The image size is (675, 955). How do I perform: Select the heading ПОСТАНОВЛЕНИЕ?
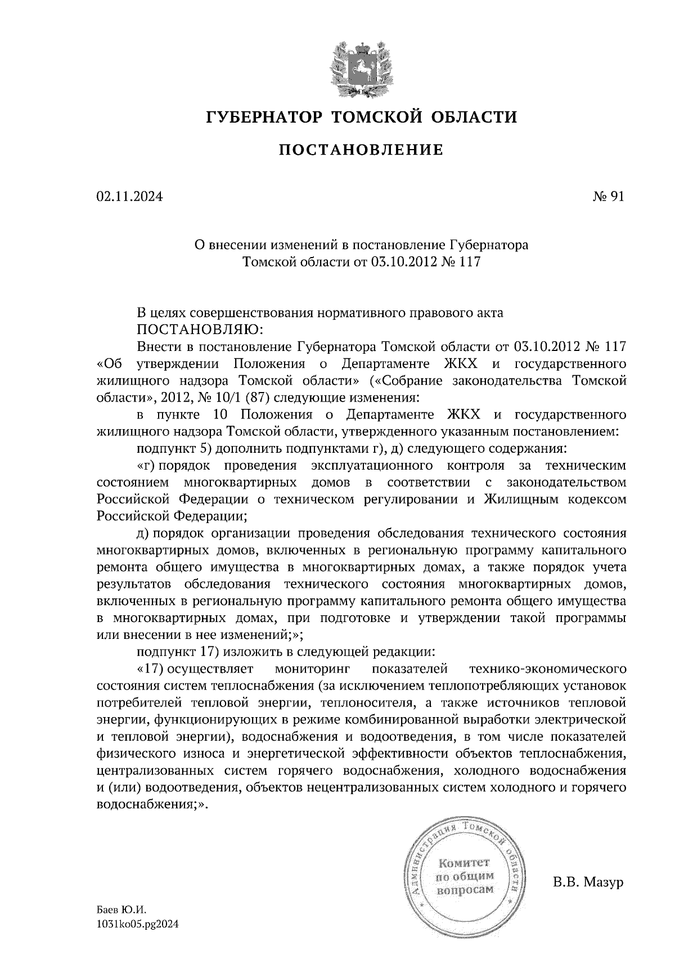click(x=361, y=150)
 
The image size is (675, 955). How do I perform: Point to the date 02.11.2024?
click(x=130, y=197)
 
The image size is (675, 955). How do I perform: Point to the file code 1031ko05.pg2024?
click(x=138, y=923)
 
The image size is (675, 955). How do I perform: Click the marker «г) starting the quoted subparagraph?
click(x=147, y=466)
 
